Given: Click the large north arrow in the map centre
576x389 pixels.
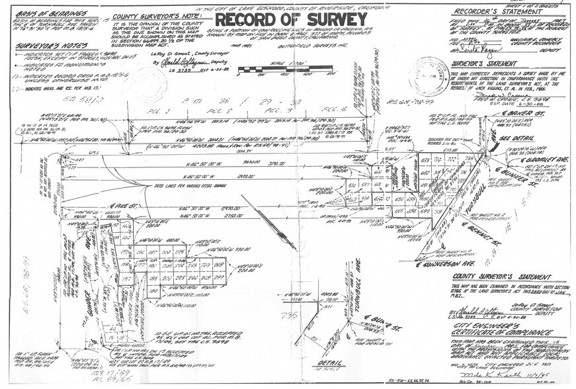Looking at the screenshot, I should click(268, 222).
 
